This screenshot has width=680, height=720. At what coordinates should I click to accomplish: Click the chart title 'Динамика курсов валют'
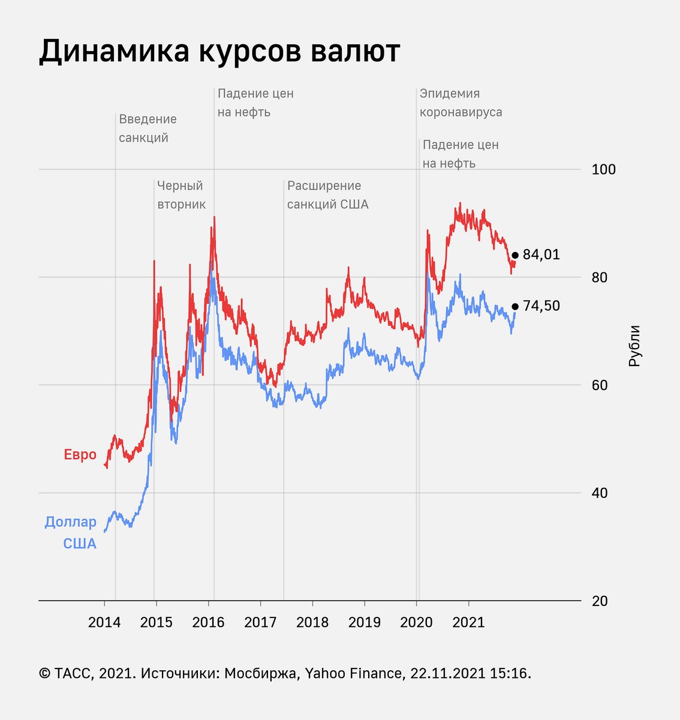click(219, 52)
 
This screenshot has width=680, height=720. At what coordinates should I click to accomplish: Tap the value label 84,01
click(541, 255)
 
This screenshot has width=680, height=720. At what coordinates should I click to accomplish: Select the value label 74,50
click(541, 306)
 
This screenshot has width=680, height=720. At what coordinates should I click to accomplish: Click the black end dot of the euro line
click(514, 255)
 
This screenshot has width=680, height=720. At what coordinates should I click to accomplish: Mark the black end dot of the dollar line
click(514, 307)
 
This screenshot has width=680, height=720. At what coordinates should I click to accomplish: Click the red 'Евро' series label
click(80, 455)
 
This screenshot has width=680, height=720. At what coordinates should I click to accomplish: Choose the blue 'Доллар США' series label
click(71, 533)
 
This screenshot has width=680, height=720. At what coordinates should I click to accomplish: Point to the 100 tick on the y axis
click(603, 170)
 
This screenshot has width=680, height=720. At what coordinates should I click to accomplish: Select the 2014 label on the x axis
click(104, 622)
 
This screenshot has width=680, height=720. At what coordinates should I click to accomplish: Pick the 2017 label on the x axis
click(260, 622)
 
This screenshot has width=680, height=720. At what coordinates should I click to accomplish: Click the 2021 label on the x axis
click(468, 622)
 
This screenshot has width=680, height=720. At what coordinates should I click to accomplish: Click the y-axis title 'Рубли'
click(634, 346)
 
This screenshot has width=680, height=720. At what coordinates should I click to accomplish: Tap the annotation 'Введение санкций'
click(148, 128)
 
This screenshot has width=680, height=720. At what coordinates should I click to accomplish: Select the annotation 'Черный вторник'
click(181, 195)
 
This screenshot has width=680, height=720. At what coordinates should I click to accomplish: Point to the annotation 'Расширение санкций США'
click(327, 195)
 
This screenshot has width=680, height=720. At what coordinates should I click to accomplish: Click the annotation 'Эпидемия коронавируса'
click(461, 103)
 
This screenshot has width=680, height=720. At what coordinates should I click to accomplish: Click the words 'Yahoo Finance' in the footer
click(353, 674)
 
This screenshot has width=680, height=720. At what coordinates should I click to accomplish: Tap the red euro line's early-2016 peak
click(214, 217)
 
